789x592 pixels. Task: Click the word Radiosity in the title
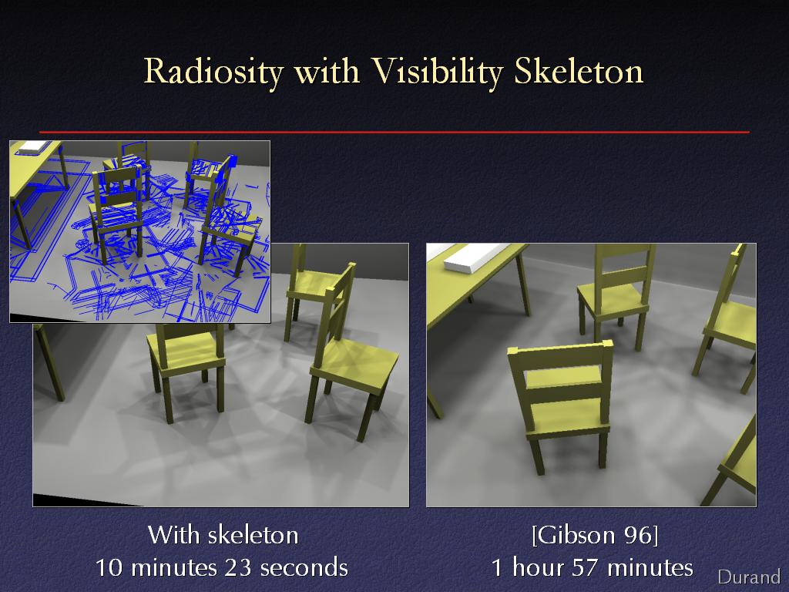[214, 72]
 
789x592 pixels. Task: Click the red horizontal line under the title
[394, 132]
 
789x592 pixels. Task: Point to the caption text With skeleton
[223, 535]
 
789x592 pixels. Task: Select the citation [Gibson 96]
[595, 535]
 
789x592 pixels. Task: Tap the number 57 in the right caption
[586, 567]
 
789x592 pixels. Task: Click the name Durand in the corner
[749, 577]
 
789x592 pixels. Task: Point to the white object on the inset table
[34, 146]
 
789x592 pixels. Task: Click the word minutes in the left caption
[173, 567]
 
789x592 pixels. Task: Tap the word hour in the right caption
[537, 567]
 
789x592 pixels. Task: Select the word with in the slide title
[327, 72]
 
